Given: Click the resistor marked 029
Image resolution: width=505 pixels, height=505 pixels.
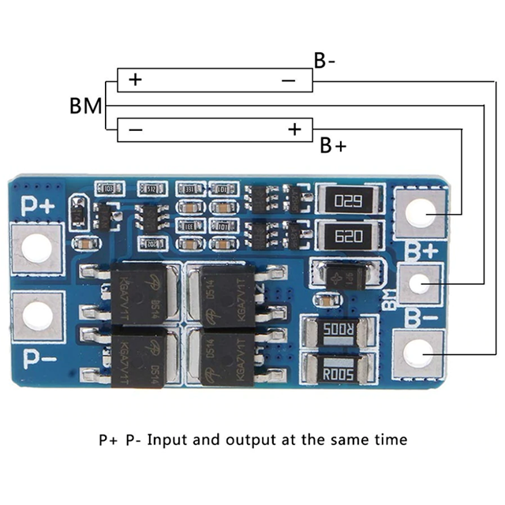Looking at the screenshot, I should click(x=348, y=200).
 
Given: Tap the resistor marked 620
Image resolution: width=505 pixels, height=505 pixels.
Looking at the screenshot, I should click(x=348, y=234).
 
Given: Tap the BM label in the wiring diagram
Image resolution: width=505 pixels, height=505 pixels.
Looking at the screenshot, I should click(x=86, y=106).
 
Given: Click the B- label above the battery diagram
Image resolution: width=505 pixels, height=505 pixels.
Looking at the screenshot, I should click(x=324, y=62).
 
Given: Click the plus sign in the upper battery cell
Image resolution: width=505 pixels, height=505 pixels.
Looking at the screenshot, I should click(x=135, y=80).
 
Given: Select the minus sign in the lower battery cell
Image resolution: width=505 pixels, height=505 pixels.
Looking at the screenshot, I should click(x=135, y=129).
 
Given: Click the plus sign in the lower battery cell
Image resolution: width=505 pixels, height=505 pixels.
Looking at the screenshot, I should click(x=295, y=129).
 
